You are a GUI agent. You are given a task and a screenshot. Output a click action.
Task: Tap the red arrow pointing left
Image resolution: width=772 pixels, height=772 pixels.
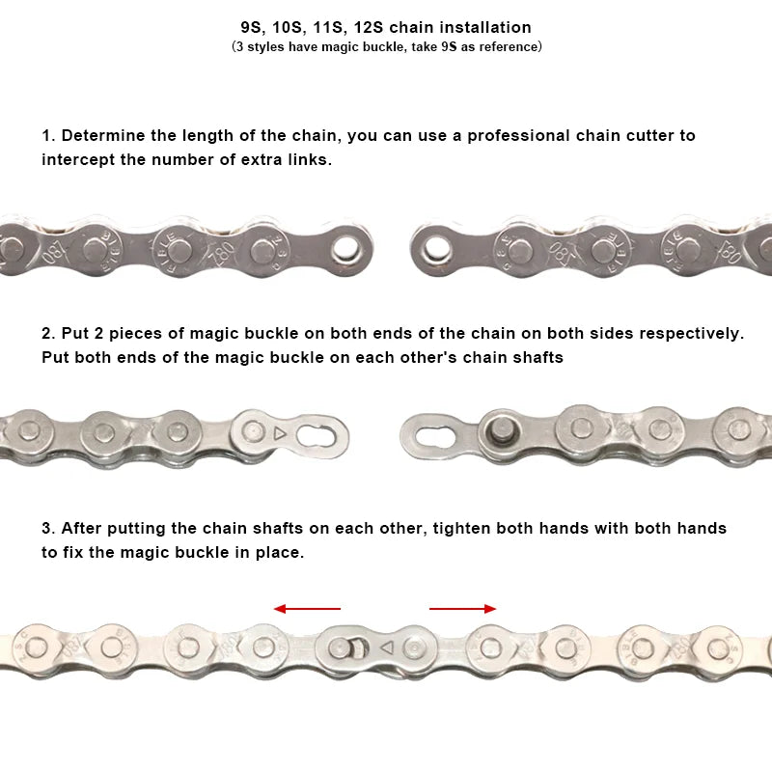coord(307,609)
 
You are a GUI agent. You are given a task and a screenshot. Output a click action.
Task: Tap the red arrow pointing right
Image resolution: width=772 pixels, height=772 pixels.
coord(463,609)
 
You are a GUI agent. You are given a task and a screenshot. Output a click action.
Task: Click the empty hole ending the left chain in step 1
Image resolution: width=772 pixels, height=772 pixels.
coord(343,250)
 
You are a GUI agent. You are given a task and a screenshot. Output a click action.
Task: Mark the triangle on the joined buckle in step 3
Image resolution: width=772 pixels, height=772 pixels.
coord(386,647)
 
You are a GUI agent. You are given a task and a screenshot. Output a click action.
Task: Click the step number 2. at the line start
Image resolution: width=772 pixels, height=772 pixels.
coord(48,333)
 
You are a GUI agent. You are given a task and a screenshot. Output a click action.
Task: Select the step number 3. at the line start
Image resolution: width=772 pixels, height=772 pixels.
coord(48,528)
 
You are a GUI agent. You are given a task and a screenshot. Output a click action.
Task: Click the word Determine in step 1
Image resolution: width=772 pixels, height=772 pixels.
coord(96,135)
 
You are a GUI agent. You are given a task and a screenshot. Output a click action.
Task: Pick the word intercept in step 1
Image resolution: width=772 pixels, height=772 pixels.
coord(78,159)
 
